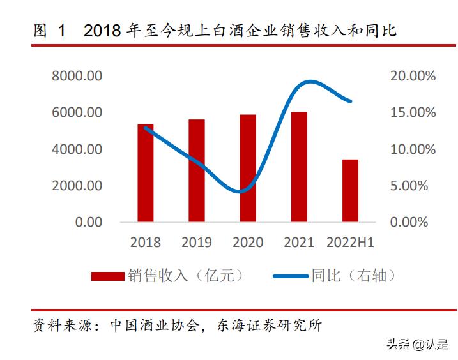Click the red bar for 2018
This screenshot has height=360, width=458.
point(146,173)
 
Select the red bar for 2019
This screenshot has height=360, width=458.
point(197,170)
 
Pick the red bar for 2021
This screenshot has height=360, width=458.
point(299,167)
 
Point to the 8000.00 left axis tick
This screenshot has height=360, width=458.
point(77,76)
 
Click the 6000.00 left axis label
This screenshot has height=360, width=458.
point(77,112)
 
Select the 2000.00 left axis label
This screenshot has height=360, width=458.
point(77,186)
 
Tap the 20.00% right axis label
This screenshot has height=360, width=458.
point(413,76)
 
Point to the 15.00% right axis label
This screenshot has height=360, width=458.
point(413,112)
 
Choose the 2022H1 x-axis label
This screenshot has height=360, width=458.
point(350,243)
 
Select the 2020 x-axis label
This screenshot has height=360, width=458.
point(248,243)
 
